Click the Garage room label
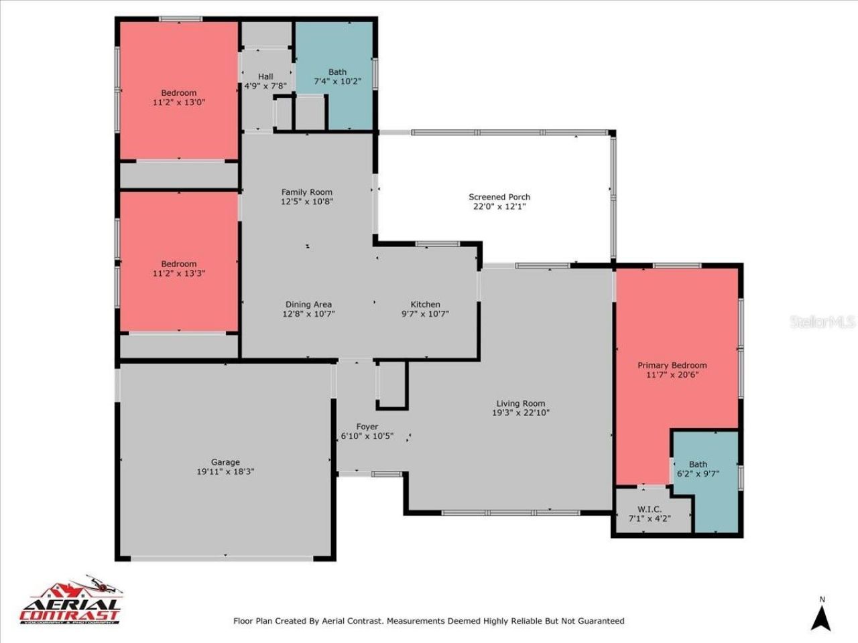point(225,462)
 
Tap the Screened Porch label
point(499,197)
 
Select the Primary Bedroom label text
point(672,365)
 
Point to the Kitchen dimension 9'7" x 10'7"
point(425,313)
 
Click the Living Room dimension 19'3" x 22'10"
point(520,413)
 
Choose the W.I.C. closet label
point(650,509)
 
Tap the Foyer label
point(367,427)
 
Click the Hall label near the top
point(265,76)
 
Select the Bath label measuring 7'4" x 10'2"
point(338,72)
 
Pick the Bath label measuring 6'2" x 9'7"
point(698,464)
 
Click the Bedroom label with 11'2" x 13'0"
point(179,93)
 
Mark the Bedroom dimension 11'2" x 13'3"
point(179,273)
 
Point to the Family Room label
point(307,192)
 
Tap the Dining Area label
point(308,304)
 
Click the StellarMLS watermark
point(822,322)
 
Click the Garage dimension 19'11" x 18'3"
point(225,472)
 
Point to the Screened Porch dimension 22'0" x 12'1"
point(499,206)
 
